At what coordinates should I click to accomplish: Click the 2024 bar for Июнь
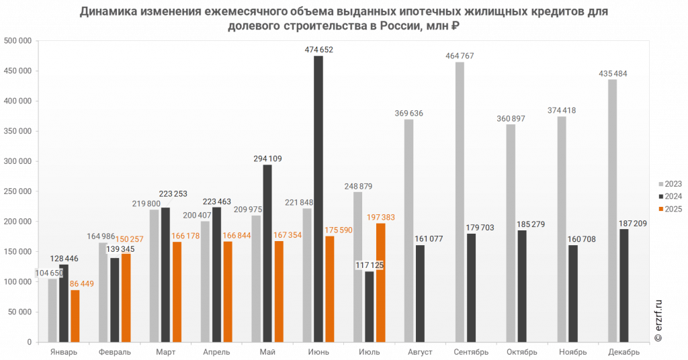point(318,199)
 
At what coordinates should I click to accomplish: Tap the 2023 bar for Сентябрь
point(460,202)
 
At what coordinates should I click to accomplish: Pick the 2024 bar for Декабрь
point(623,285)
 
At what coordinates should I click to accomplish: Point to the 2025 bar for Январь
point(75,316)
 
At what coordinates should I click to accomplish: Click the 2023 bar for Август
point(408,230)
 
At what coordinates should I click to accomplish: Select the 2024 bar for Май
point(267,253)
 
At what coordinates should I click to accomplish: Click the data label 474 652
point(319,50)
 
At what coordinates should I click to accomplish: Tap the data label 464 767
point(460,56)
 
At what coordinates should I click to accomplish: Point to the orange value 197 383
point(381,217)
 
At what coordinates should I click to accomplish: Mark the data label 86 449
point(81,283)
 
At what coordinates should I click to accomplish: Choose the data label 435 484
point(613,74)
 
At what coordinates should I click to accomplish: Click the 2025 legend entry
point(670,209)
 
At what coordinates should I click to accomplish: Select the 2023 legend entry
point(670,184)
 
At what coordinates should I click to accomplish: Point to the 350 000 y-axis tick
point(17,131)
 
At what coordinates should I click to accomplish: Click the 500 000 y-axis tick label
point(17,41)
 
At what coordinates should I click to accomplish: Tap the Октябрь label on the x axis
point(521,352)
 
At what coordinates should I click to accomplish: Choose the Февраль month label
point(114,352)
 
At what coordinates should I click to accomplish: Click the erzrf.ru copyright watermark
point(657,320)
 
